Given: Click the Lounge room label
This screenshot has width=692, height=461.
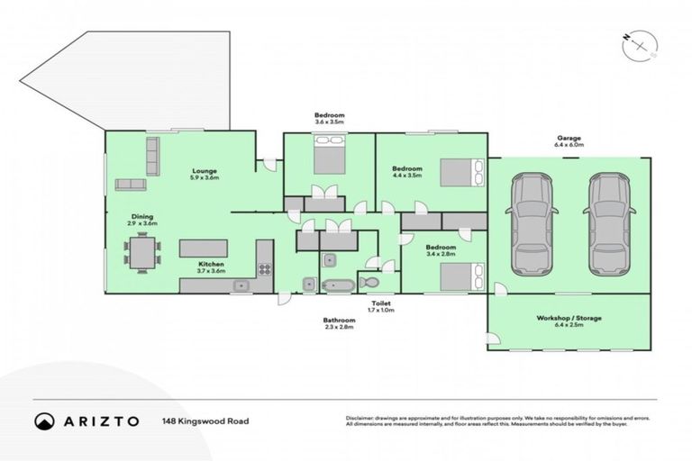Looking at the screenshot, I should click(x=205, y=170).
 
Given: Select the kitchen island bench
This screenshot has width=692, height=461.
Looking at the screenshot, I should click(x=204, y=249).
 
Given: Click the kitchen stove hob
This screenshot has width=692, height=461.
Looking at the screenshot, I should click(x=265, y=268).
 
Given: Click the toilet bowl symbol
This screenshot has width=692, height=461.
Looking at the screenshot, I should click(x=370, y=283).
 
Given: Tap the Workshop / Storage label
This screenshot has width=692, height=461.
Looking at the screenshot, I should click(x=569, y=319).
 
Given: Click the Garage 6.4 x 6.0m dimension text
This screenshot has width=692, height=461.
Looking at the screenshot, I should click(x=569, y=144).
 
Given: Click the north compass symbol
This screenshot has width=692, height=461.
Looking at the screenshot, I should click(x=640, y=44).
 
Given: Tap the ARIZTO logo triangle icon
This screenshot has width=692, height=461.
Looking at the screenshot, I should click(x=44, y=420).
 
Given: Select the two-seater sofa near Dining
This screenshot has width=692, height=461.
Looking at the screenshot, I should click(x=132, y=185).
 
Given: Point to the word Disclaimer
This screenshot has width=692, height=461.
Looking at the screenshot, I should click(x=360, y=418).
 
